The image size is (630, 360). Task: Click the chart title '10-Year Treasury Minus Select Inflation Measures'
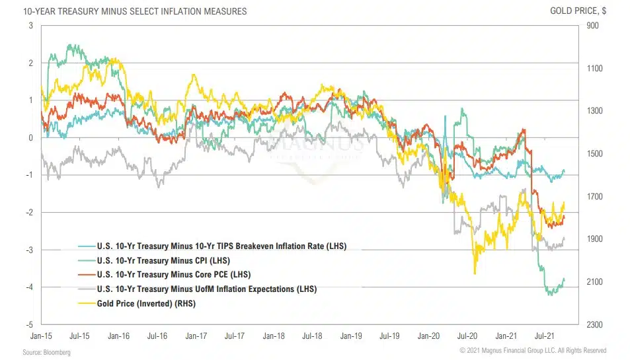pyautogui.click(x=126, y=11)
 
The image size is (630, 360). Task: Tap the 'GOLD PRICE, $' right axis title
pyautogui.click(x=578, y=11)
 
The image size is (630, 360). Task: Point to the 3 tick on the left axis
pyautogui.click(x=30, y=26)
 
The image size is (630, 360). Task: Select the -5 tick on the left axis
pyautogui.click(x=30, y=324)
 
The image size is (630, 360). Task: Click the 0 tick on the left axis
pyautogui.click(x=30, y=137)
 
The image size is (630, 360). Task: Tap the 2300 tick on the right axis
pyautogui.click(x=592, y=324)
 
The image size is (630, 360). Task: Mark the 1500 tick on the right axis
pyautogui.click(x=592, y=154)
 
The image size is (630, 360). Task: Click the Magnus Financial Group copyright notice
pyautogui.click(x=533, y=350)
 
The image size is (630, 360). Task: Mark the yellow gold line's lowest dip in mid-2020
pyautogui.click(x=474, y=273)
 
